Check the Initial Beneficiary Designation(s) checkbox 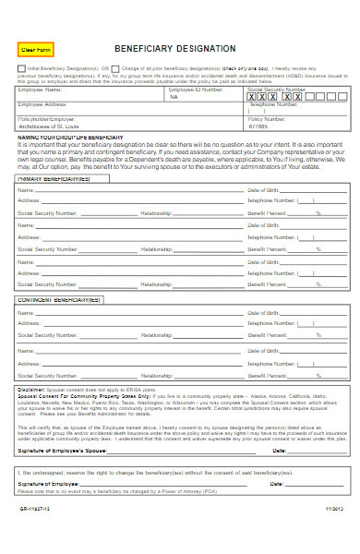[20, 68]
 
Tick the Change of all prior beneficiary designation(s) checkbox [116, 68]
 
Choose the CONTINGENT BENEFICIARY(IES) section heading [57, 300]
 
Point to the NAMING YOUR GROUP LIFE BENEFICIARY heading [69, 136]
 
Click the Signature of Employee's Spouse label [63, 424]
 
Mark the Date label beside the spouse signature [278, 424]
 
